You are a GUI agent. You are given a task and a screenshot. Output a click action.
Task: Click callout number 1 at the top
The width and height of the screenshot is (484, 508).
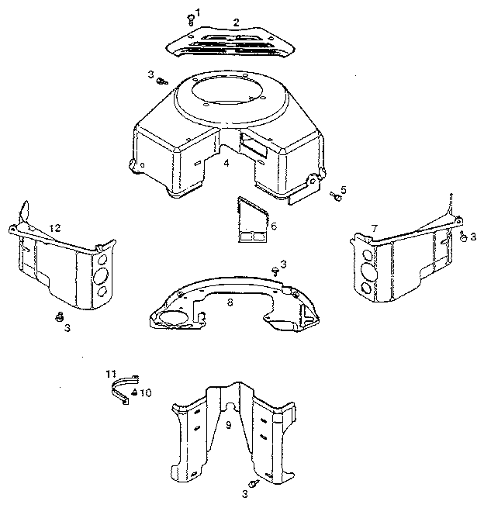[197, 12]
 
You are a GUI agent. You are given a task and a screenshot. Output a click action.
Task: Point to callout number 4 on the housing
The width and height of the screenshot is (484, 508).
[226, 163]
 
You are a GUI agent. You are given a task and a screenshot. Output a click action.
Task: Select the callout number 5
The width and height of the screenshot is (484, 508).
[344, 188]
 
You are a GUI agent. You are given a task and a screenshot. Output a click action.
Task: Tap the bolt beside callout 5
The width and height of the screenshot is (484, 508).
[336, 196]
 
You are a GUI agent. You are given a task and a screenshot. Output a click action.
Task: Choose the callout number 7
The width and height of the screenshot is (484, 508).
[374, 228]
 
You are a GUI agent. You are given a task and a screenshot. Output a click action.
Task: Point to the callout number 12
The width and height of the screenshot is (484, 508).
[54, 227]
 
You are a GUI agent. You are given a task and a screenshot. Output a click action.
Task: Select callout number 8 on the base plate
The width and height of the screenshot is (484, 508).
[230, 303]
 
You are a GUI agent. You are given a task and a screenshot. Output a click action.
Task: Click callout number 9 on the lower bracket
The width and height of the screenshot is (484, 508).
[228, 425]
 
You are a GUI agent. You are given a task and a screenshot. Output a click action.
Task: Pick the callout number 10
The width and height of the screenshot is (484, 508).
[146, 392]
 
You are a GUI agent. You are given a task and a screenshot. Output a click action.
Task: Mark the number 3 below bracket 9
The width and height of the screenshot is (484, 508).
[244, 493]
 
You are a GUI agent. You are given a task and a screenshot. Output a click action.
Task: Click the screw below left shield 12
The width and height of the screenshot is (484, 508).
[59, 316]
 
